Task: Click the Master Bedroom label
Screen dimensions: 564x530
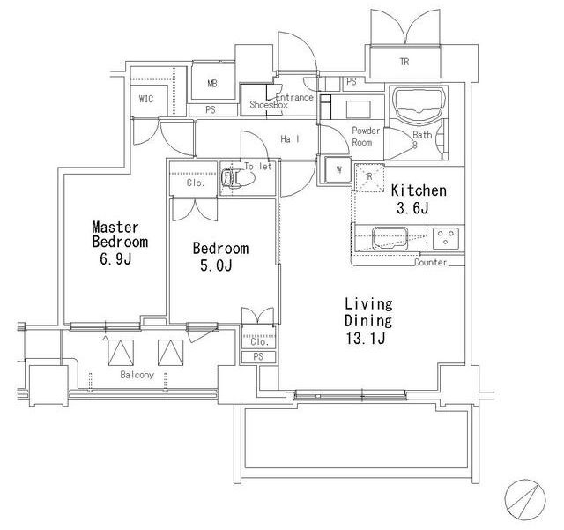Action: [120, 243]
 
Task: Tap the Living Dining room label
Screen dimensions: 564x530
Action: [368, 320]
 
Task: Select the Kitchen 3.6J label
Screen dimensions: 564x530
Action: [419, 198]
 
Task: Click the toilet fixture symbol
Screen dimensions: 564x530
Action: [238, 176]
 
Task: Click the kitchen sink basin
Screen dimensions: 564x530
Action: [390, 238]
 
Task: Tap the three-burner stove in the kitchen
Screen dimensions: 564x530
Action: [446, 238]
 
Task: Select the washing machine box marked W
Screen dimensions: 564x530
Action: [338, 169]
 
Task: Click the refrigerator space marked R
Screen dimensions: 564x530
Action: [369, 177]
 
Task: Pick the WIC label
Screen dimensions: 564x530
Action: [146, 99]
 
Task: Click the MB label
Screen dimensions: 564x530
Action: [212, 84]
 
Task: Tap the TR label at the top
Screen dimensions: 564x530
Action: [404, 62]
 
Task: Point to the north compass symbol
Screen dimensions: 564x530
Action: [525, 500]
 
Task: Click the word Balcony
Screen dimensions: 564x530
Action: [137, 375]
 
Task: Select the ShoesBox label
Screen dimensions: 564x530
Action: [269, 105]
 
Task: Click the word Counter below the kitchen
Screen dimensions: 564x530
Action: [431, 262]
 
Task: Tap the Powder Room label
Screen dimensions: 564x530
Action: [366, 137]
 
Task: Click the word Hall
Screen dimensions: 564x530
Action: [290, 139]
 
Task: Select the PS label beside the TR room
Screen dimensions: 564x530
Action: [352, 82]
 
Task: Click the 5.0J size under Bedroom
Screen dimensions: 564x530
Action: [216, 265]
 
